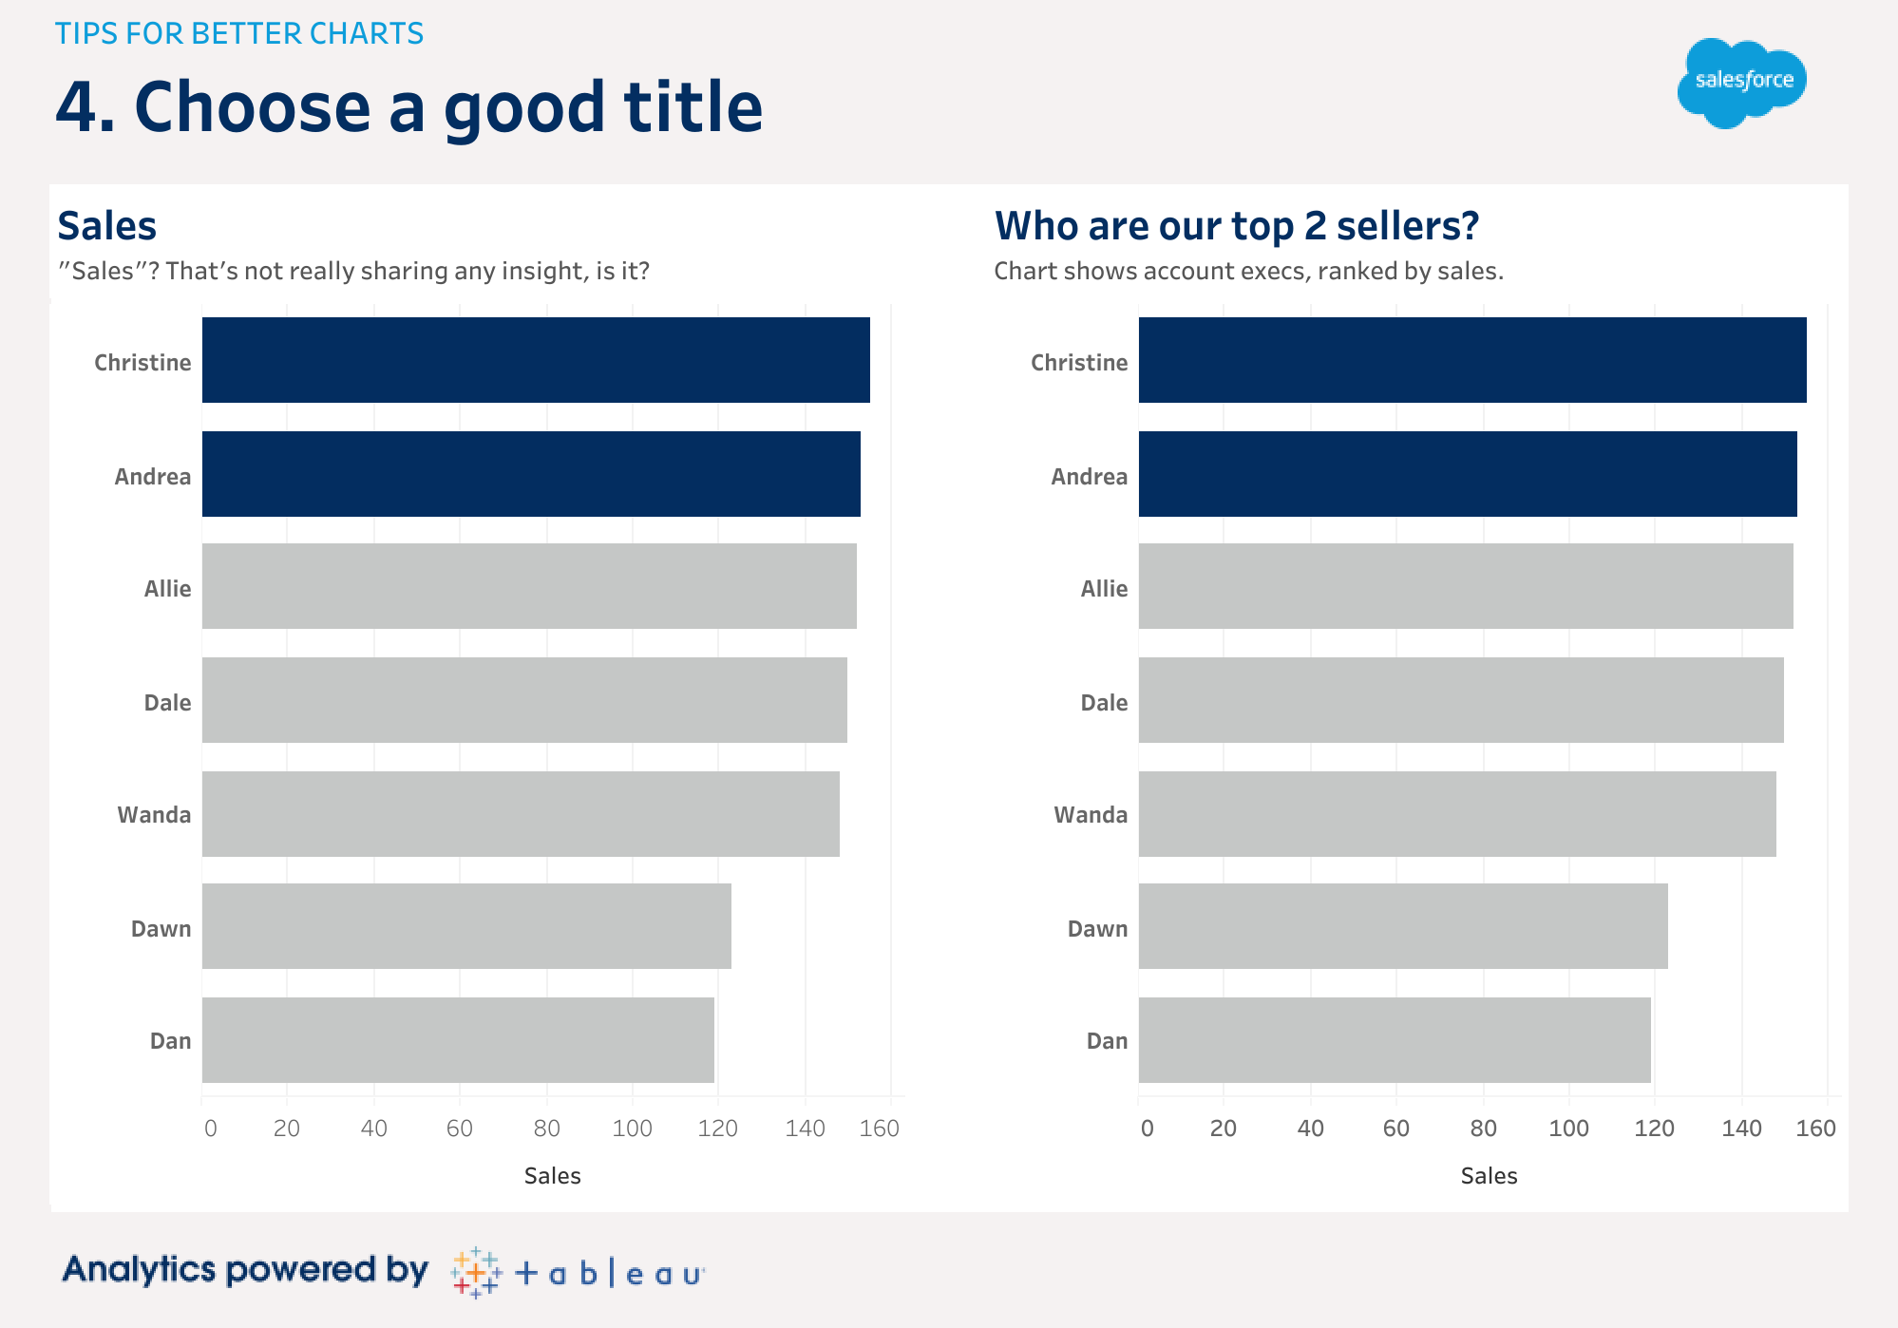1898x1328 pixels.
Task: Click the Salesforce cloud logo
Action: [x=1741, y=83]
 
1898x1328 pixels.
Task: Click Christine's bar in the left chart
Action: [x=535, y=360]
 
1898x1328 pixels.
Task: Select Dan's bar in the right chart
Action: [x=1394, y=1040]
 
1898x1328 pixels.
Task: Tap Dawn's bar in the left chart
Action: [x=465, y=926]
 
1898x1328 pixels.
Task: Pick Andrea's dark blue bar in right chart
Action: [x=1467, y=474]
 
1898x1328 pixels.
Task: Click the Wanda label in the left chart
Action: [x=154, y=815]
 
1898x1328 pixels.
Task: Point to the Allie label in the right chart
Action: [x=1104, y=589]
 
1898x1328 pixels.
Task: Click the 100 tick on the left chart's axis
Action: [x=632, y=1129]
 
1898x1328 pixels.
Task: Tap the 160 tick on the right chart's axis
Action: [x=1815, y=1129]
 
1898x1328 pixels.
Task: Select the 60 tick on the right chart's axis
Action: [x=1395, y=1129]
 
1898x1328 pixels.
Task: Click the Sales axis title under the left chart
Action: [x=552, y=1176]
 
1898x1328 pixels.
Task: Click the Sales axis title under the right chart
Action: [x=1489, y=1176]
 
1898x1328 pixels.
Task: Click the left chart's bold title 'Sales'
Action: [x=106, y=226]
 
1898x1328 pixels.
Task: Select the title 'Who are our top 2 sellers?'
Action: [x=1236, y=226]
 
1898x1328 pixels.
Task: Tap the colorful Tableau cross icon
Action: [x=476, y=1272]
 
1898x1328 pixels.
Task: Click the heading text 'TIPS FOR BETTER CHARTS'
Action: [x=238, y=33]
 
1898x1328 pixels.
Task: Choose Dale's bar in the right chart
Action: [x=1460, y=700]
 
